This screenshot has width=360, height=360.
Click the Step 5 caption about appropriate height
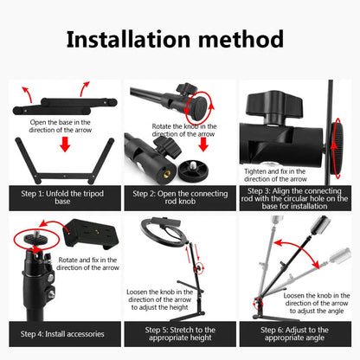(x=179, y=334)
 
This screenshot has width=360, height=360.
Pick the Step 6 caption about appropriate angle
(x=294, y=334)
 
